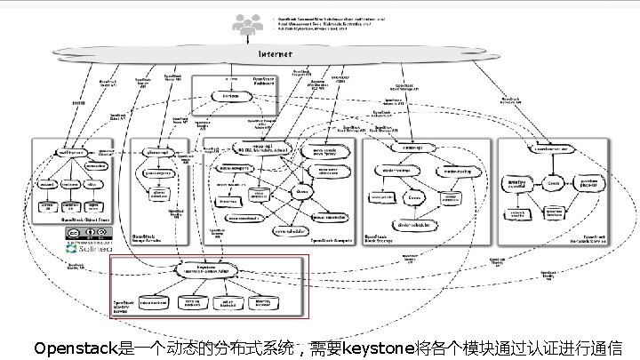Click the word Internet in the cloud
[275, 53]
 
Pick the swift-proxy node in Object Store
[71, 152]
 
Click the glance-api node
[156, 152]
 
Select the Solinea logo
[86, 250]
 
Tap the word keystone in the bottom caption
[378, 347]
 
